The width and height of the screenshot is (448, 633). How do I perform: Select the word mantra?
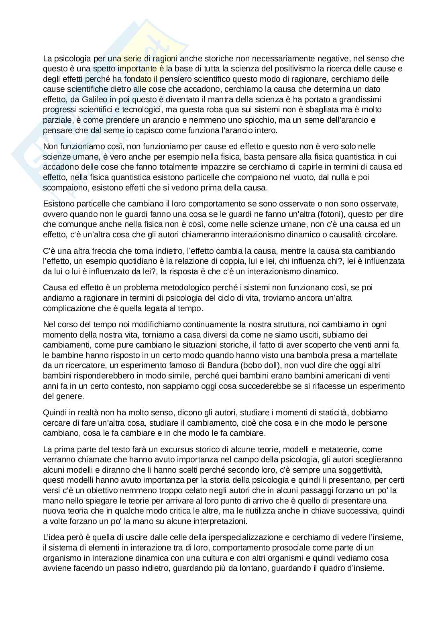pyautogui.click(x=211, y=99)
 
